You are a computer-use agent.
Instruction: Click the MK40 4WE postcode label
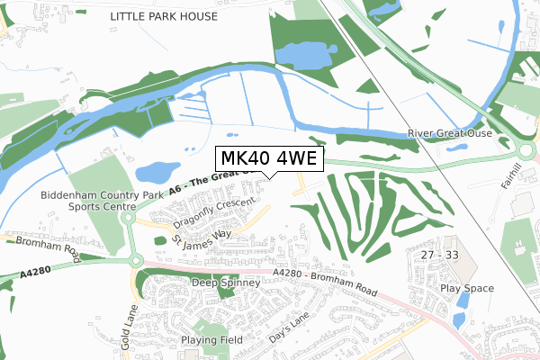pyautogui.click(x=267, y=159)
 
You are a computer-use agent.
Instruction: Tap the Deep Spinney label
pyautogui.click(x=226, y=283)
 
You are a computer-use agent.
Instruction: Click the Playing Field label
pyautogui.click(x=211, y=340)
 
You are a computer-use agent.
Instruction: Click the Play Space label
pyautogui.click(x=468, y=289)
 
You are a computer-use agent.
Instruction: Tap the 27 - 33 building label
pyautogui.click(x=439, y=256)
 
